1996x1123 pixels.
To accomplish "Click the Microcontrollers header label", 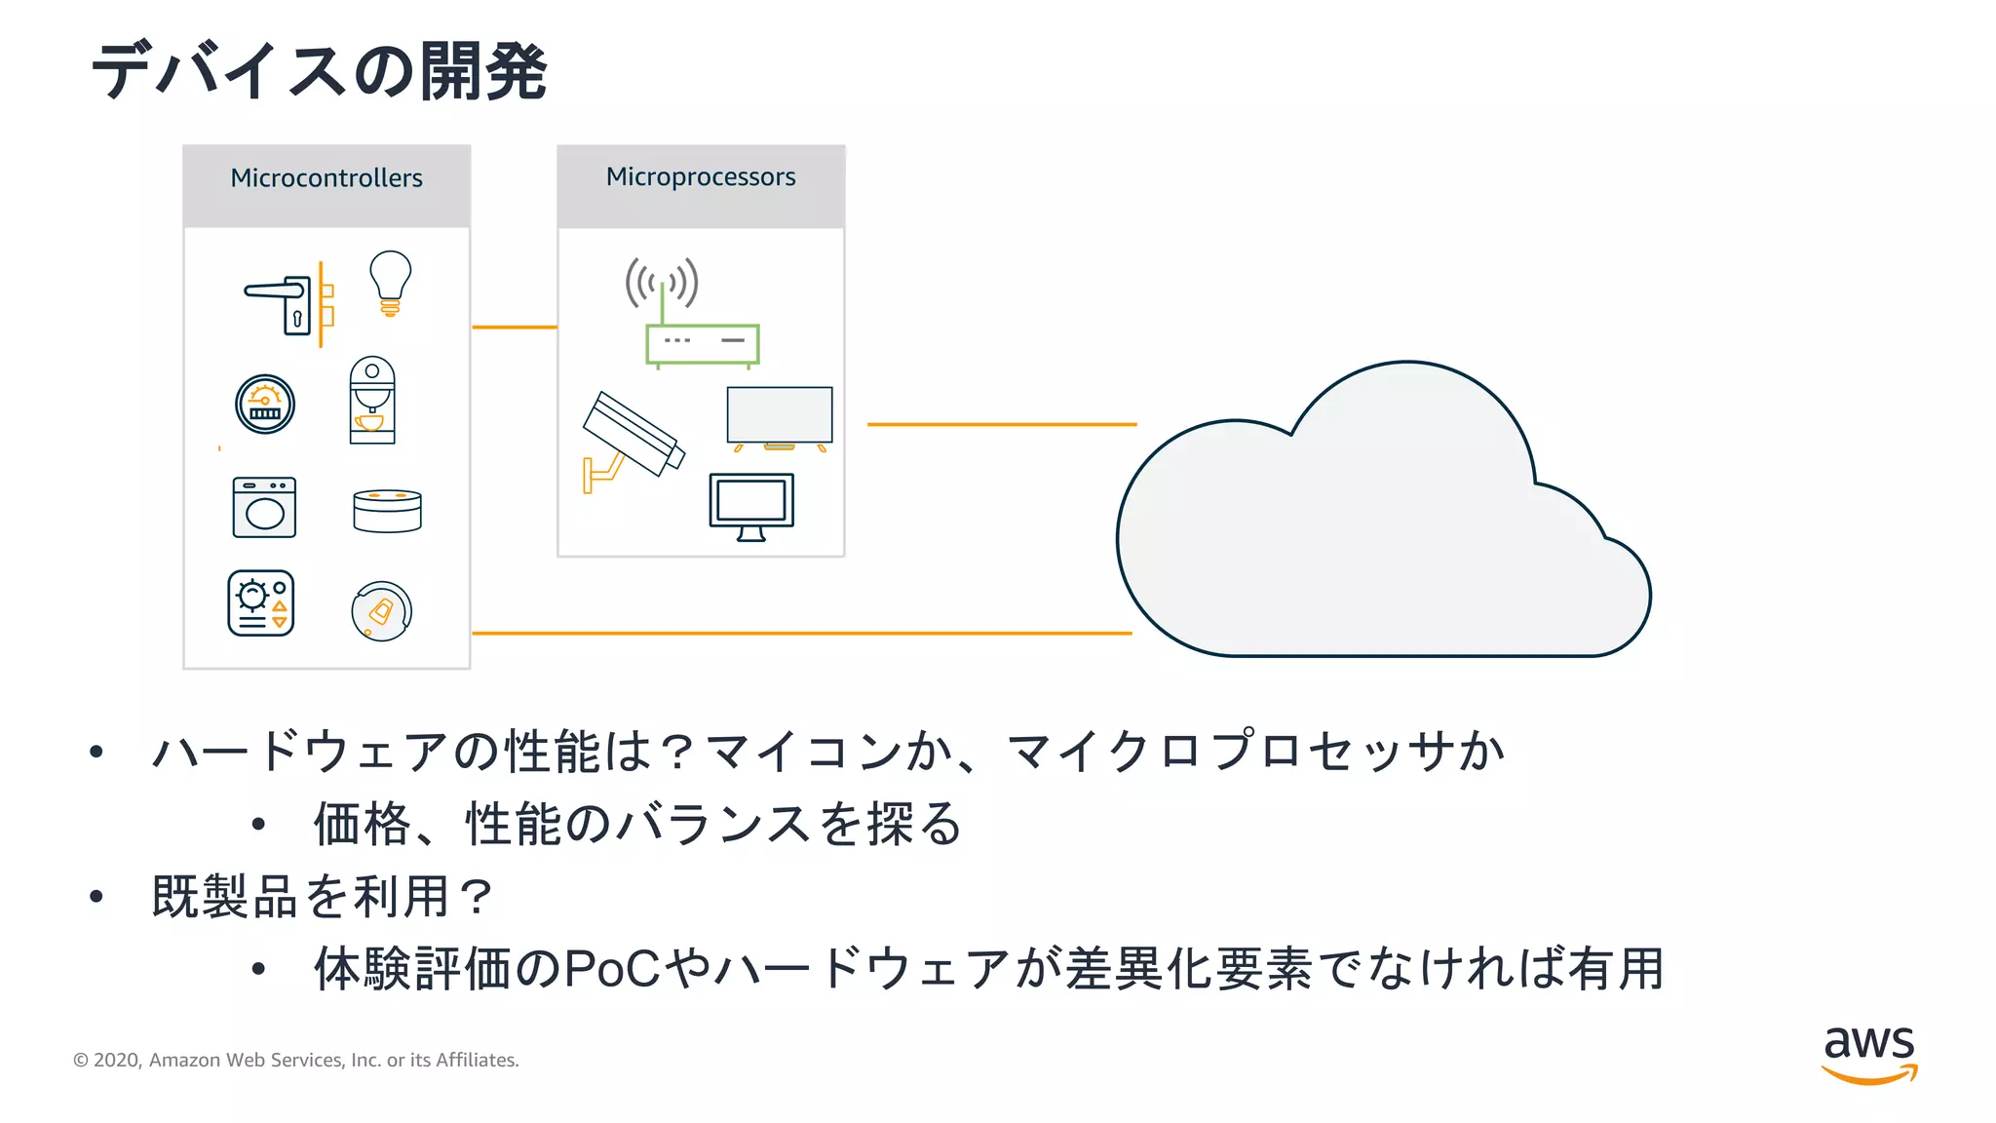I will pyautogui.click(x=326, y=178).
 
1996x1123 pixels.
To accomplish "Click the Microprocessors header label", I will pyautogui.click(x=701, y=177).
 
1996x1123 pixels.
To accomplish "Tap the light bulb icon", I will pyautogui.click(x=390, y=283).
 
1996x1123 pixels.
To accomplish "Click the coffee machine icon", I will pyautogui.click(x=372, y=401).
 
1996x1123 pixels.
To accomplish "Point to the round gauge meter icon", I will pyautogui.click(x=265, y=404).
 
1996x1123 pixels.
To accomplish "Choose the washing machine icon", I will pyautogui.click(x=264, y=507).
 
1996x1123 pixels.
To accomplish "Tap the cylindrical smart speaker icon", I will pyautogui.click(x=387, y=511).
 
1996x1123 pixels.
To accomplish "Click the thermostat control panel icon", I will pyautogui.click(x=261, y=603).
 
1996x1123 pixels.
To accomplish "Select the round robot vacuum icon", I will pyautogui.click(x=381, y=611).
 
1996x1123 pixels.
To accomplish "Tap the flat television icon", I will pyautogui.click(x=780, y=417).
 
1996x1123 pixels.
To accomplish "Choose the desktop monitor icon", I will pyautogui.click(x=751, y=505).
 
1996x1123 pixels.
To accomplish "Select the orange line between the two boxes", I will pyautogui.click(x=514, y=328).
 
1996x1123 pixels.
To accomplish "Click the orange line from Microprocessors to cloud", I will pyautogui.click(x=1001, y=424).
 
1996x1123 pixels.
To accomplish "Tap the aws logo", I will pyautogui.click(x=1869, y=1055).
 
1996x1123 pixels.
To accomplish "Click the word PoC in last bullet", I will pyautogui.click(x=613, y=969).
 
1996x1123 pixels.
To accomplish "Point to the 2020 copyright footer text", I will pyautogui.click(x=296, y=1060).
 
